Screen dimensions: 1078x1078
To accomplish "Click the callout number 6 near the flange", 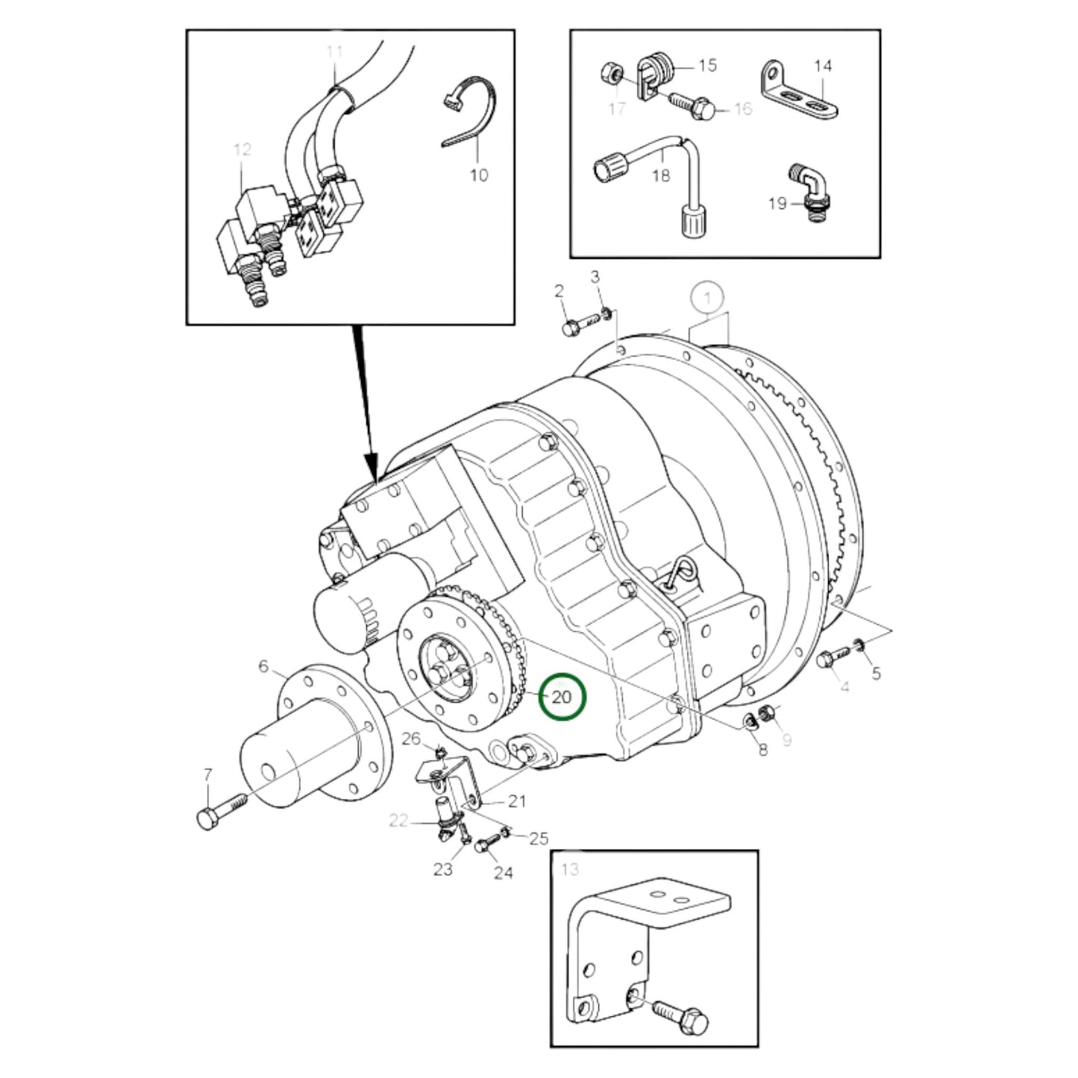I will [x=263, y=666].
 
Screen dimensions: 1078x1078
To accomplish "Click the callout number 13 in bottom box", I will [x=569, y=869].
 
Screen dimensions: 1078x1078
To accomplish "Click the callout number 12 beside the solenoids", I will [x=242, y=149].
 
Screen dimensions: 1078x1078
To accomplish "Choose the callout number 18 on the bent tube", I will [x=661, y=175].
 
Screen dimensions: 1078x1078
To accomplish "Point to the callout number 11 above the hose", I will [x=334, y=51].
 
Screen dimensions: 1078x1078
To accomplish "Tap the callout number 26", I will [x=412, y=739].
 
